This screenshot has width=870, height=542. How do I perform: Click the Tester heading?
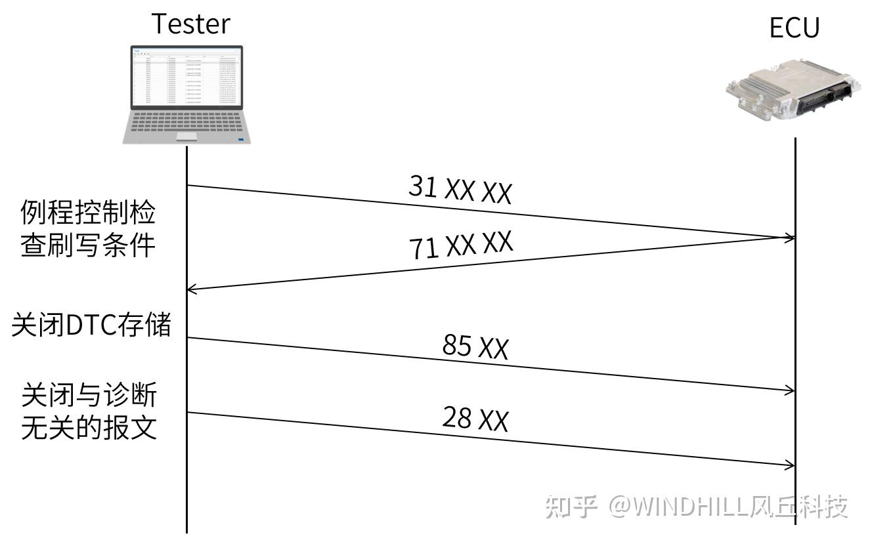pos(191,24)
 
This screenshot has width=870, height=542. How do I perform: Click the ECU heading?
pos(794,28)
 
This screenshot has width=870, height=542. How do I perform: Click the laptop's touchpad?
pos(186,136)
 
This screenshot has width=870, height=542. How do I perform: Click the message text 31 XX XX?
pos(460,190)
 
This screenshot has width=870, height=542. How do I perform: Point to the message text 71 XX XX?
pos(460,245)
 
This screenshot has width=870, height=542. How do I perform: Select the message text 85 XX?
pos(475,346)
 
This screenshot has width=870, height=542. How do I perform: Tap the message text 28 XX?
pos(475,418)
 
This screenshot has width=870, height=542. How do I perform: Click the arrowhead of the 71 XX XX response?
pos(192,289)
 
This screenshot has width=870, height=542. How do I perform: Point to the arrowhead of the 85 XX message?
pos(791,390)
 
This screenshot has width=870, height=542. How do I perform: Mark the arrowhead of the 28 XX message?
pos(791,465)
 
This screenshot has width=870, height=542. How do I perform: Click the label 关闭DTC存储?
pos(91,325)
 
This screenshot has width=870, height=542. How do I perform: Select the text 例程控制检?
pos(88,213)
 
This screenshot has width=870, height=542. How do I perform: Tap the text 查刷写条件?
pos(88,245)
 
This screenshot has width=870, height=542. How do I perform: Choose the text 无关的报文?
pos(89,428)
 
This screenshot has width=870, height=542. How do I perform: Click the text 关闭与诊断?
pos(89,396)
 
